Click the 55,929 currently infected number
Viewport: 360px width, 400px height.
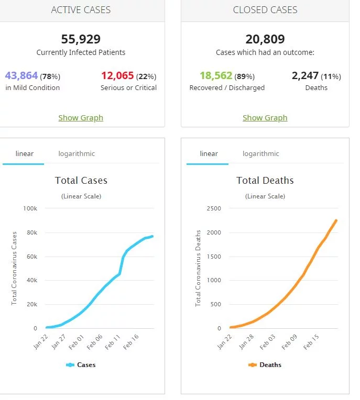81,39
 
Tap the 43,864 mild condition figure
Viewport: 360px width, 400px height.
21,75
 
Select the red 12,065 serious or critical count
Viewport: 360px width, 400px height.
117,75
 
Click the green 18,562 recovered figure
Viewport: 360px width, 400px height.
216,75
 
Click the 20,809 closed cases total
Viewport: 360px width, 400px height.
265,39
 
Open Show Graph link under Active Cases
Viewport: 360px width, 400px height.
81,118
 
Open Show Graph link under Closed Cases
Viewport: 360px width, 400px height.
265,118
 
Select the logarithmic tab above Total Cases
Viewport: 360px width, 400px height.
77,154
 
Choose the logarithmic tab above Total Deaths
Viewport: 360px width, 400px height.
260,154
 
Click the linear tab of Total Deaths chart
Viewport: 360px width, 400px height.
209,154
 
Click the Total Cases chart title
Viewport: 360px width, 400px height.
81,181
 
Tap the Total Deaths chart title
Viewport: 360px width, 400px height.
265,181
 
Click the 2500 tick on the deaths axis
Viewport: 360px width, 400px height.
213,208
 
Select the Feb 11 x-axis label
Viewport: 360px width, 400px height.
113,342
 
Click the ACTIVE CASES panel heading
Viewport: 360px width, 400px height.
81,10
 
